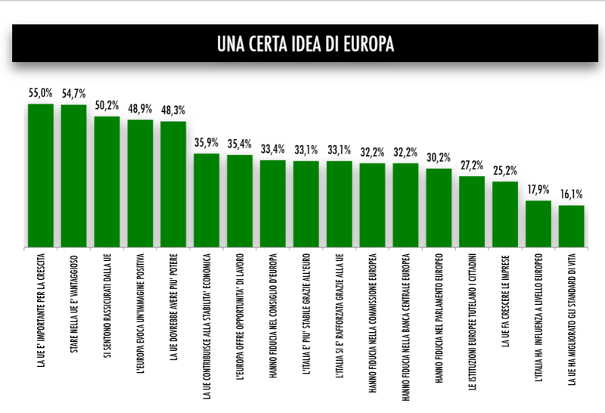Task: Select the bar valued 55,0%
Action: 40,175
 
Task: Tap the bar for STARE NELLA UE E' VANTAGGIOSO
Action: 73,175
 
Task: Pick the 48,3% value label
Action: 173,110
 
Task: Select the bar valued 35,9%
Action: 206,200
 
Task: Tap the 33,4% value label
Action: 272,148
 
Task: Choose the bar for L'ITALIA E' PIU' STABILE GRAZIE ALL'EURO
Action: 306,204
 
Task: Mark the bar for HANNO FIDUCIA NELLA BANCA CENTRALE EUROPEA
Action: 405,205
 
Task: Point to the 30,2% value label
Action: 439,157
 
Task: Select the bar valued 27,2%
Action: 472,212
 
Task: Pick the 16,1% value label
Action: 572,194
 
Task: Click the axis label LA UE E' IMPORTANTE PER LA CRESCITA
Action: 40,314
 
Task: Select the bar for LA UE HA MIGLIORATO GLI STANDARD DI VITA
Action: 572,226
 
